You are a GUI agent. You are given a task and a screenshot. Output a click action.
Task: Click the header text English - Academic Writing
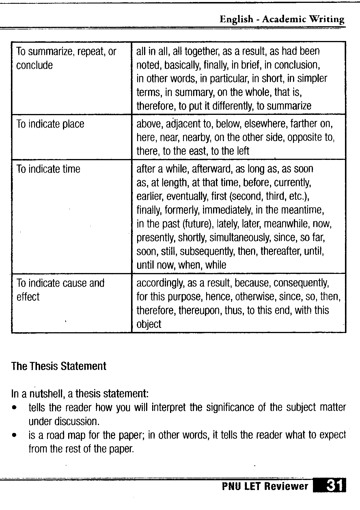coord(282,19)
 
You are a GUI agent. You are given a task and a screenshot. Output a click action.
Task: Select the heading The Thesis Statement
coord(59,366)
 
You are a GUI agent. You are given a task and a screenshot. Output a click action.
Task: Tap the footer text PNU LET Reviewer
coord(265,486)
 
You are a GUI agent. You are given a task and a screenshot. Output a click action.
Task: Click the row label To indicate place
coord(50,124)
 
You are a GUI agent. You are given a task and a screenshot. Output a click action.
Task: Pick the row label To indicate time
coord(48,169)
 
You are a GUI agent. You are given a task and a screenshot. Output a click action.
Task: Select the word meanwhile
coord(286,224)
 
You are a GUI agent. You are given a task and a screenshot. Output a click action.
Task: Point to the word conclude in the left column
coord(34,65)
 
